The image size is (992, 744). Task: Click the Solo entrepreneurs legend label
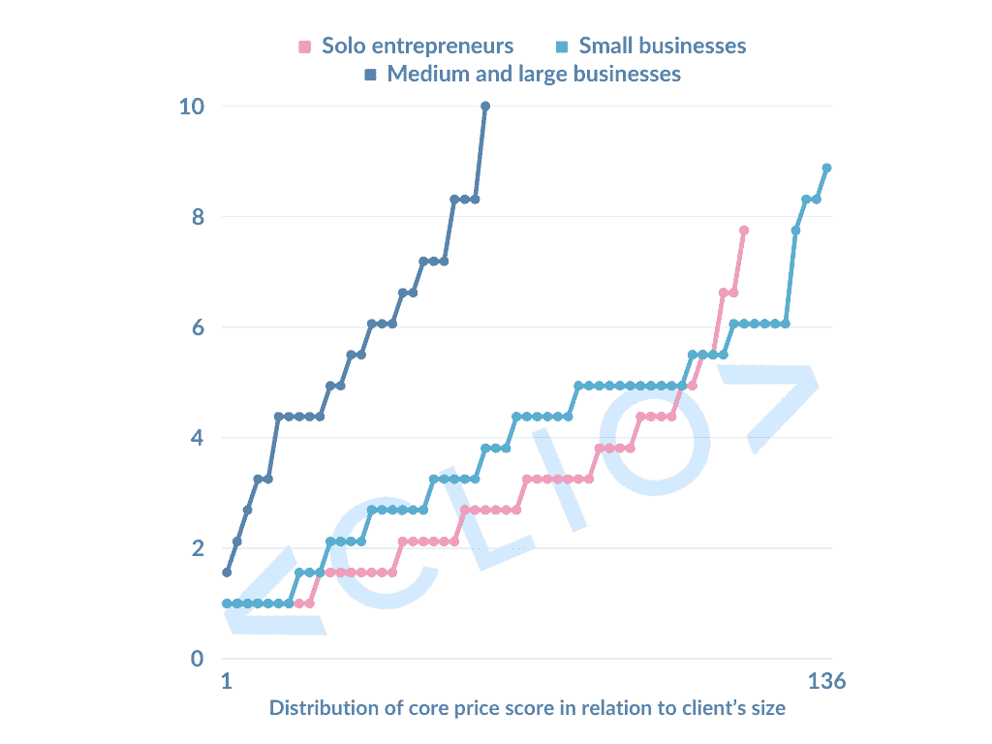point(418,46)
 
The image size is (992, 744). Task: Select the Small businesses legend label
point(663,46)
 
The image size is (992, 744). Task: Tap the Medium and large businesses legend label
point(534,74)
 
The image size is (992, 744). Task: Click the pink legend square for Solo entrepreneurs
point(305,46)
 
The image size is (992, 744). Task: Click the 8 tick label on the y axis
point(199,216)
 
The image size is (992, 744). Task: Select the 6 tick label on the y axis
point(199,327)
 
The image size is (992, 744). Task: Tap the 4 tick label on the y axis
point(199,438)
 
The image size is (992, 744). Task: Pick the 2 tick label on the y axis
point(199,548)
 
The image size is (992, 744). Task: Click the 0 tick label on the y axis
point(199,660)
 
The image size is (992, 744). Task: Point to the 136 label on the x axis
point(827,682)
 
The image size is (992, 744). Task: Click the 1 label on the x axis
point(225,682)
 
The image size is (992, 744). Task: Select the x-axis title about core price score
point(528,708)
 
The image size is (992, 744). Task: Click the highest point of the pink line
point(744,231)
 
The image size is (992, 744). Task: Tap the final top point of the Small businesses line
point(826,168)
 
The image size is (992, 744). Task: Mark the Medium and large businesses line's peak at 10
point(484,106)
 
